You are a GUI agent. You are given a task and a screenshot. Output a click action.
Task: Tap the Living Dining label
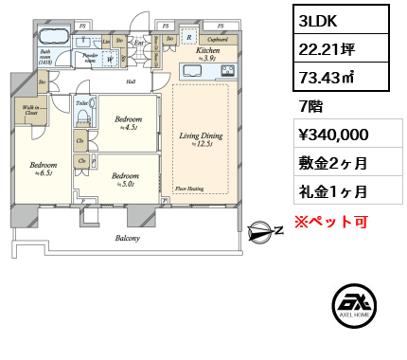click(199, 138)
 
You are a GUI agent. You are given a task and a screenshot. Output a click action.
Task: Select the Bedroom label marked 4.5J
click(129, 120)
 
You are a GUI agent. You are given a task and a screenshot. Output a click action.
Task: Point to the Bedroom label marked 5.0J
click(124, 176)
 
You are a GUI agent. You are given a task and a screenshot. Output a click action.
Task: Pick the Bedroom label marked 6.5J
click(41, 169)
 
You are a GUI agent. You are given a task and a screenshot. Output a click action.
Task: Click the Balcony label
click(128, 238)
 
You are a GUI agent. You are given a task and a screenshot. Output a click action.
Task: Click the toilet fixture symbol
click(83, 116)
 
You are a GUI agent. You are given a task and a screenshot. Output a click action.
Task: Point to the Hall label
click(131, 81)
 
